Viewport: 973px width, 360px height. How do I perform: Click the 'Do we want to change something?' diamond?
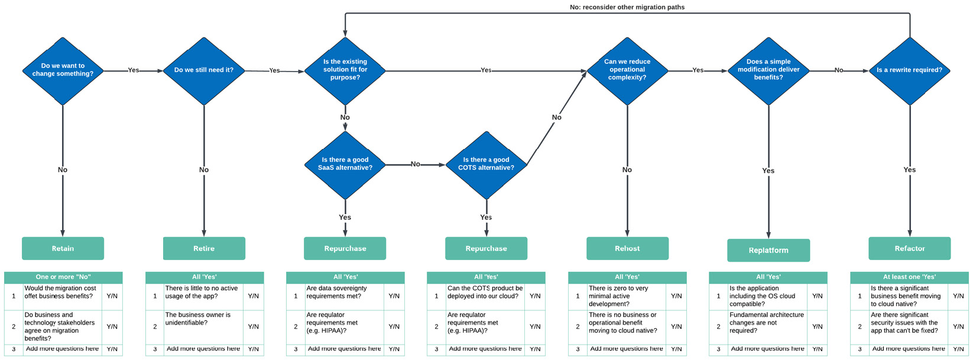[x=63, y=70]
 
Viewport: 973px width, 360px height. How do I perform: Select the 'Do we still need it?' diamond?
[x=204, y=70]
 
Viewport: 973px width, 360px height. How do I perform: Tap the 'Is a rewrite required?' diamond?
[x=909, y=70]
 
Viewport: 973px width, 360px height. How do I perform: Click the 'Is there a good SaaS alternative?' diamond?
[x=345, y=164]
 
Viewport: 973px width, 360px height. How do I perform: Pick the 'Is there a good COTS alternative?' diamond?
[x=486, y=164]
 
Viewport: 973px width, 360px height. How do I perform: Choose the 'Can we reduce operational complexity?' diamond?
[x=627, y=70]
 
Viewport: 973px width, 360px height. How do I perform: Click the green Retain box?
[x=63, y=248]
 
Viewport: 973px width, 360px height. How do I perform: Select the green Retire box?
[x=204, y=248]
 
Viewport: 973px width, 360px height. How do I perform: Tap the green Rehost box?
[x=627, y=248]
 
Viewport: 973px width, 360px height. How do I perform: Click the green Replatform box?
[x=768, y=250]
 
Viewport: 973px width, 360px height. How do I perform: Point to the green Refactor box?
[x=909, y=248]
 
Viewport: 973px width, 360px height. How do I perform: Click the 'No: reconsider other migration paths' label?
[x=627, y=7]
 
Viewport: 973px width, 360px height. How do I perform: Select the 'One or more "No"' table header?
[x=63, y=277]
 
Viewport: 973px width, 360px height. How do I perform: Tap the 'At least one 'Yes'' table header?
[x=909, y=277]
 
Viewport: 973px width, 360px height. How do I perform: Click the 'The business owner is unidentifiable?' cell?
[x=203, y=319]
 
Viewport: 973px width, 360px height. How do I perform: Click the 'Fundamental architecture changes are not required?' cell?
[x=767, y=323]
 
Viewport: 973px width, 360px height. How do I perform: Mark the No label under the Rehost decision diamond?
[x=627, y=170]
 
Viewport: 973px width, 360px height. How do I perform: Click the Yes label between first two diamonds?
[x=134, y=70]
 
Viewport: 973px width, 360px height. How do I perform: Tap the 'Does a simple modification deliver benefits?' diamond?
[x=768, y=70]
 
